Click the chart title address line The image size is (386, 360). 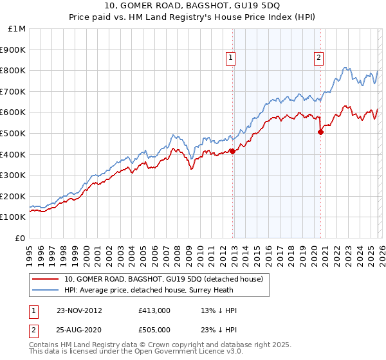coord(193,7)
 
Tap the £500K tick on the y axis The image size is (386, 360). coord(13,133)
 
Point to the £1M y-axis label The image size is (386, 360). coord(15,28)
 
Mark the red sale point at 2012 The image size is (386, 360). coord(232,152)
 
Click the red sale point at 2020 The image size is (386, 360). coord(320,132)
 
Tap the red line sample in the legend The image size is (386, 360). coord(46,280)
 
